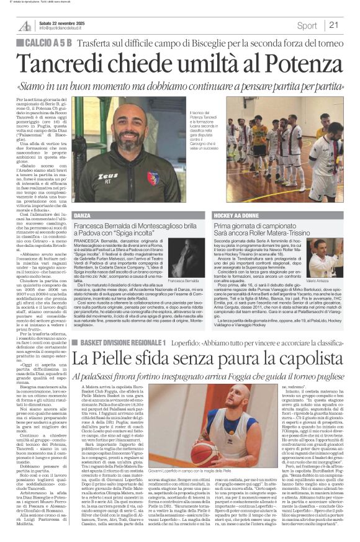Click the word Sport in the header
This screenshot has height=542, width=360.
click(x=307, y=25)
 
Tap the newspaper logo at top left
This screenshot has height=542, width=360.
click(x=25, y=25)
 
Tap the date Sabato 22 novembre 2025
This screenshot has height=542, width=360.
click(x=66, y=22)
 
